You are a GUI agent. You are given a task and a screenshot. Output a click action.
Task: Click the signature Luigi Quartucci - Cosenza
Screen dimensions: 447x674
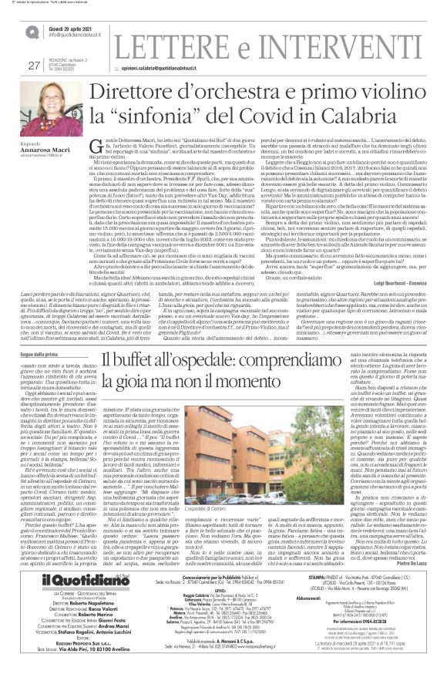point(400,241)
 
